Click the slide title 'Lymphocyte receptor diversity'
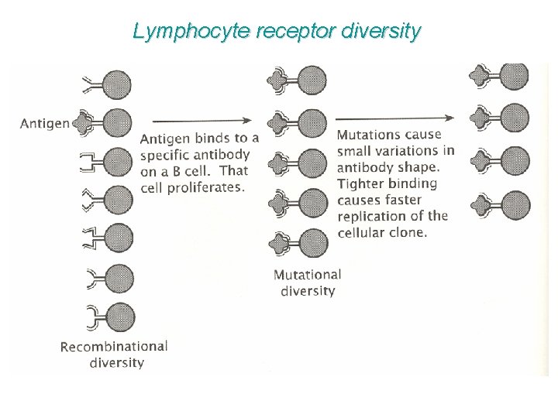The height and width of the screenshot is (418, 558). click(277, 31)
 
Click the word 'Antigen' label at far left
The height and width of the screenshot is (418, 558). click(45, 123)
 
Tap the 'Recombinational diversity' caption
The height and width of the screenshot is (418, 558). click(114, 354)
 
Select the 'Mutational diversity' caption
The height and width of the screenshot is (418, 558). click(308, 283)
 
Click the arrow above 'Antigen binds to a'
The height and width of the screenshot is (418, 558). click(202, 120)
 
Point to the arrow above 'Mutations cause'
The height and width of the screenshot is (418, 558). click(394, 118)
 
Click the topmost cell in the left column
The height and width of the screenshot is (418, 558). click(117, 84)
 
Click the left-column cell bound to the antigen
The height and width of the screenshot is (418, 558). click(117, 122)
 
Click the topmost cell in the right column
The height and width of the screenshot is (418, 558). click(514, 76)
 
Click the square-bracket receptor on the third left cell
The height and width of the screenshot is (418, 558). click(90, 163)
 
